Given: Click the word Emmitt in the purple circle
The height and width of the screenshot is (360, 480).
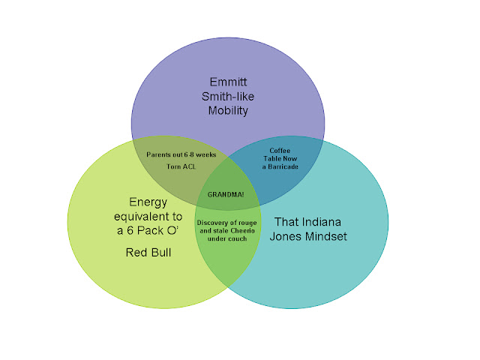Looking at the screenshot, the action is [227, 82].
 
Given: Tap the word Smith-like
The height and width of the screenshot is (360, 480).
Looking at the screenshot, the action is [226, 97].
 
